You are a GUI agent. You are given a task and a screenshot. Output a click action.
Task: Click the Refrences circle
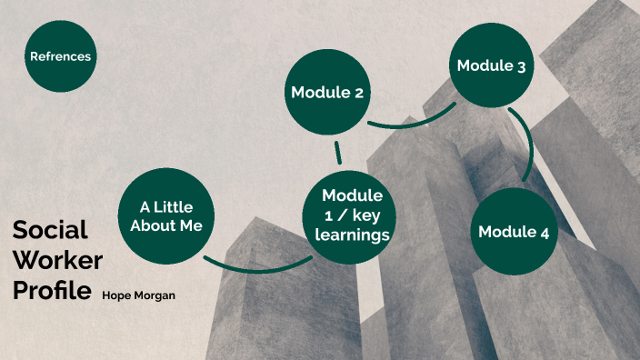click(x=61, y=56)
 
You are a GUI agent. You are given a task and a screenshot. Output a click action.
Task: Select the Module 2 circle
click(x=326, y=93)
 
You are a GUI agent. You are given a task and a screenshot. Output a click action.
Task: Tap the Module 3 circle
click(x=492, y=65)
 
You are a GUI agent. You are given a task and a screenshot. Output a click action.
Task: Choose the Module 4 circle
click(x=514, y=231)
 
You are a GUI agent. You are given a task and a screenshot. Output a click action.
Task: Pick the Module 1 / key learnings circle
click(x=352, y=215)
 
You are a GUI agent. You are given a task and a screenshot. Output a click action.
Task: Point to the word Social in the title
click(x=50, y=230)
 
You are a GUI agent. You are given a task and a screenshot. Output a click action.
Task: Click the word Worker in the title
click(x=57, y=261)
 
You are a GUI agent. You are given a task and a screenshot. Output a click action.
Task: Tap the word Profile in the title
click(x=52, y=291)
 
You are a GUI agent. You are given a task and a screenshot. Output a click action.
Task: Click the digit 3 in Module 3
click(x=522, y=65)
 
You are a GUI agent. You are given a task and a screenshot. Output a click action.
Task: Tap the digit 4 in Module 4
click(x=544, y=232)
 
